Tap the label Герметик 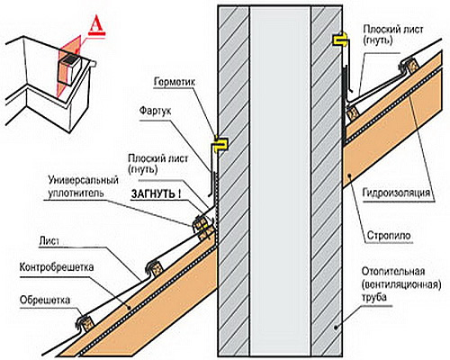[175, 82]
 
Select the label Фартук [155, 111]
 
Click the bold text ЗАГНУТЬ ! [156, 193]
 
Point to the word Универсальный [84, 181]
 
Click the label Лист [49, 241]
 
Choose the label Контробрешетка [57, 266]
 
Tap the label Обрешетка [45, 300]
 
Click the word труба [374, 298]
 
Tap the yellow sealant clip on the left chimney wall [221, 144]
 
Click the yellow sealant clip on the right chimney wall [340, 40]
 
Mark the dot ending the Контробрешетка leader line [128, 307]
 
